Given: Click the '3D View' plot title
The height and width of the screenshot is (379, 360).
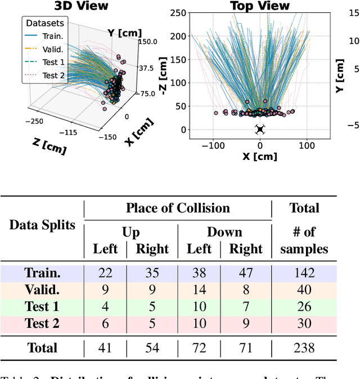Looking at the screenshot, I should [x=80, y=6].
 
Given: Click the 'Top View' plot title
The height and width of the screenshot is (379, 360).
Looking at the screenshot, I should [x=260, y=6].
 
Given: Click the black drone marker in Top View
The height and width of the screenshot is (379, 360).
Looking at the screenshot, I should [x=260, y=130].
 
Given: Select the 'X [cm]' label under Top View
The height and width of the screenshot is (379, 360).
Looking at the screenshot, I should [x=260, y=157].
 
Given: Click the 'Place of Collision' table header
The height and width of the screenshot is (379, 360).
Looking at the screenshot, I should [x=178, y=208].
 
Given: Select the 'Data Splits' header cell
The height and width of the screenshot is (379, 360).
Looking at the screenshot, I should [x=42, y=225].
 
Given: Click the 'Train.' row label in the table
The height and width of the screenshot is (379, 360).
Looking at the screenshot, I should [x=42, y=273].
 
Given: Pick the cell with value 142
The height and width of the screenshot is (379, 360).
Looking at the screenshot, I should [x=303, y=273].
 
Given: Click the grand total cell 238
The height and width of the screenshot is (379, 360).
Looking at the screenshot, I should [x=303, y=348].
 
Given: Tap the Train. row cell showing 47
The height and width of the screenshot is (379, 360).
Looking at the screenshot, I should [x=246, y=273].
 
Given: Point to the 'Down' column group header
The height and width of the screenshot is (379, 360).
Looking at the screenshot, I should [x=224, y=232].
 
